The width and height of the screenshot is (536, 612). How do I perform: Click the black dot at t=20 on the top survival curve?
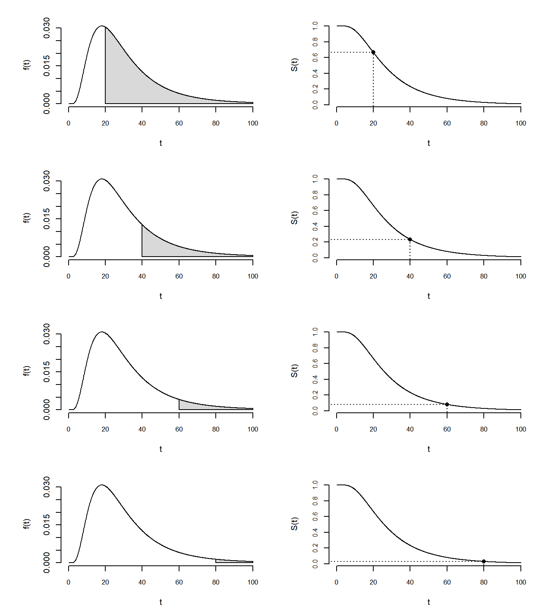tap(373, 52)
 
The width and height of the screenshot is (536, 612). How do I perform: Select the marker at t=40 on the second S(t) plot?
tap(410, 239)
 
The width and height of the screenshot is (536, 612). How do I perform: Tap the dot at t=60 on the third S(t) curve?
tap(447, 404)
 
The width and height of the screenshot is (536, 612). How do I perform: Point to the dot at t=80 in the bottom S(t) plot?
tap(484, 561)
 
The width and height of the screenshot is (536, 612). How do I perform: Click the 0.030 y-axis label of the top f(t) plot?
tap(47, 28)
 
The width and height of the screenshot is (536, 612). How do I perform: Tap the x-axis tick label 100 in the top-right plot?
tap(521, 124)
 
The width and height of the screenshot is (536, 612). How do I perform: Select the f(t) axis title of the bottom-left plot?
tap(27, 524)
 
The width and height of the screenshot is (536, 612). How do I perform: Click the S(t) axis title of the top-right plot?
tap(294, 65)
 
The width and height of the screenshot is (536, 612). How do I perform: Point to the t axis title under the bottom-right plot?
tap(429, 602)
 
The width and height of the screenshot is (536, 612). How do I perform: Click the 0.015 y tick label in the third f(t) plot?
tap(47, 372)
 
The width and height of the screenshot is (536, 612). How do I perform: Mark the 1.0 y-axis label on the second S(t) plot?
tap(315, 179)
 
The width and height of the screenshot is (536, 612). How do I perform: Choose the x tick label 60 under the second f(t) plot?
tap(179, 277)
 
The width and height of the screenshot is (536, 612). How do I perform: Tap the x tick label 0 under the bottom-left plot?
tap(69, 583)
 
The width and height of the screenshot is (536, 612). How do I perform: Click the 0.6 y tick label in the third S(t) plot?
tap(315, 363)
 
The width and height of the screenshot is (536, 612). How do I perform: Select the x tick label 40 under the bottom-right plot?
tap(410, 583)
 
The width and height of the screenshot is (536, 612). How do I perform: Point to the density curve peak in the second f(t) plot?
tap(102, 179)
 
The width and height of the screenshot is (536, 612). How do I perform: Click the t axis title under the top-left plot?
tap(161, 143)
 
